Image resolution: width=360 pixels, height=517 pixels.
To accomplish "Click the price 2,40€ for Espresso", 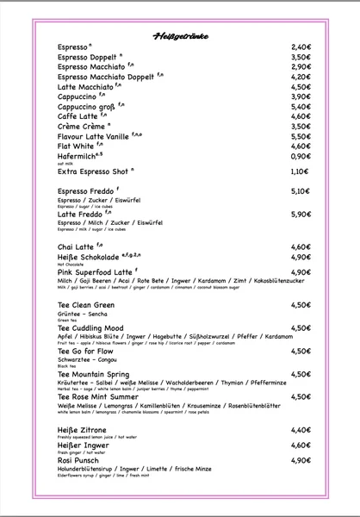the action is pos(300,47).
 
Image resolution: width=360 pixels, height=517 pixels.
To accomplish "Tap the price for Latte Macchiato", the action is pos(300,87).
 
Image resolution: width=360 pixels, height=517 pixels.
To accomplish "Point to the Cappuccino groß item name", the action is pos(86,107).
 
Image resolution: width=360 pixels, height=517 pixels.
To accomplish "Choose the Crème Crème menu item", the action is pos(83,127).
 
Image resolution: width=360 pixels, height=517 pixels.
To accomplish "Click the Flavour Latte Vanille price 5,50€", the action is pos(300,136).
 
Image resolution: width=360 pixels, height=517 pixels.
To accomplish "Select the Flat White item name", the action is pos(77,146).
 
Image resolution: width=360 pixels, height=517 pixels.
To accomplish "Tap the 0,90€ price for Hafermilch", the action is pos(300,156).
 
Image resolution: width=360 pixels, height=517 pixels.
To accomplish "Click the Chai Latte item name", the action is pos(78,247).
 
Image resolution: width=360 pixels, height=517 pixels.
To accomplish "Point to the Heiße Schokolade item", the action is pos(91,258).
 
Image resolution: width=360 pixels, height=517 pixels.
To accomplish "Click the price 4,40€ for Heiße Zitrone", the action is pos(300,429).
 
